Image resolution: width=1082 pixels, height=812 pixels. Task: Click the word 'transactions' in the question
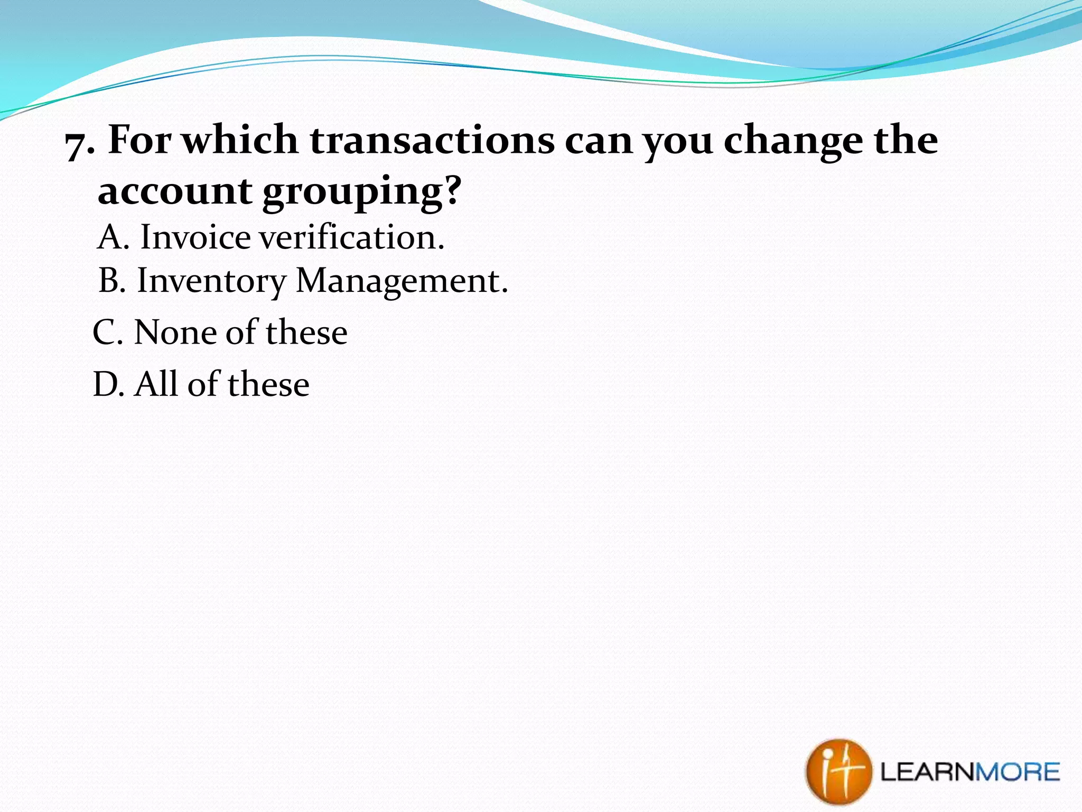[432, 140]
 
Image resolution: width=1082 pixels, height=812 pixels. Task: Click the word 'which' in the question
[240, 140]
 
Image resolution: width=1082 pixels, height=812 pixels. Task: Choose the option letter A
[113, 237]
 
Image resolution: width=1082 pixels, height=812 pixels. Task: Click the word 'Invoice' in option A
[195, 237]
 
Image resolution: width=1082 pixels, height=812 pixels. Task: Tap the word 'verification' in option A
[351, 237]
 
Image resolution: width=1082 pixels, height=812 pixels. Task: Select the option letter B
[111, 280]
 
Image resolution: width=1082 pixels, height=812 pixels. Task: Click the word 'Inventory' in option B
[211, 281]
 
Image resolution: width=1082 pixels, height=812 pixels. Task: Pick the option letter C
[107, 333]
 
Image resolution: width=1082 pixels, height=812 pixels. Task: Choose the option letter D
[108, 384]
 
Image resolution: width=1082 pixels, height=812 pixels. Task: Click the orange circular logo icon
[838, 772]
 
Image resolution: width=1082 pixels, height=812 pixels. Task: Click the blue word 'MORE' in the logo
[1017, 772]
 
